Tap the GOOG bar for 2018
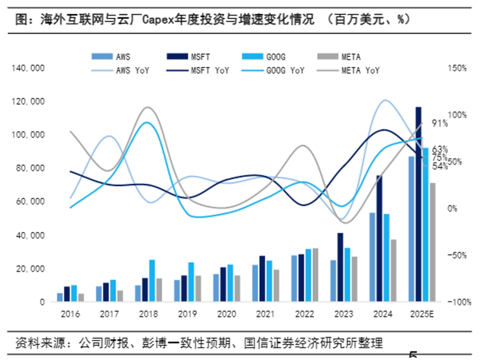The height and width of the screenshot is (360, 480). click(x=152, y=281)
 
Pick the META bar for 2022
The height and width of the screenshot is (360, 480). click(x=315, y=275)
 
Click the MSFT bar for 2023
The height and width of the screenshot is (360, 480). click(x=340, y=267)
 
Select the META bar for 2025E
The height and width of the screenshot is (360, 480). click(x=432, y=242)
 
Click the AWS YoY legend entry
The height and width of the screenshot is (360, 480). click(x=121, y=70)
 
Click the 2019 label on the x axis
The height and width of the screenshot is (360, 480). click(x=187, y=314)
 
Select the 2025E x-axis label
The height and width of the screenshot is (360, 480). click(x=423, y=314)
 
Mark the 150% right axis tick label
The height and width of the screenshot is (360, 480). click(x=458, y=68)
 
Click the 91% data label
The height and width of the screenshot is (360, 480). click(x=440, y=123)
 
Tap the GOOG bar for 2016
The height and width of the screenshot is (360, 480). click(x=74, y=293)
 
